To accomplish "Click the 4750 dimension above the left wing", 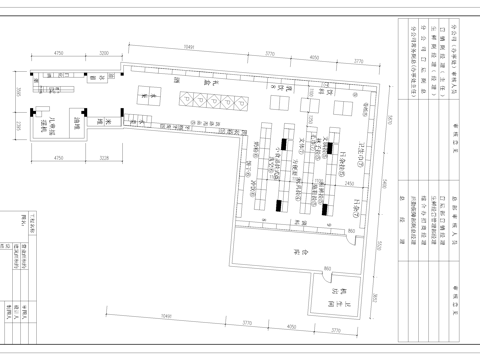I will pyautogui.click(x=59, y=51).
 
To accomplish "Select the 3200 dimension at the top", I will pyautogui.click(x=105, y=51).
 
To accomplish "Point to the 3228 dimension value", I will pyautogui.click(x=105, y=157).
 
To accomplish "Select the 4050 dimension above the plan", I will pyautogui.click(x=314, y=58).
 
